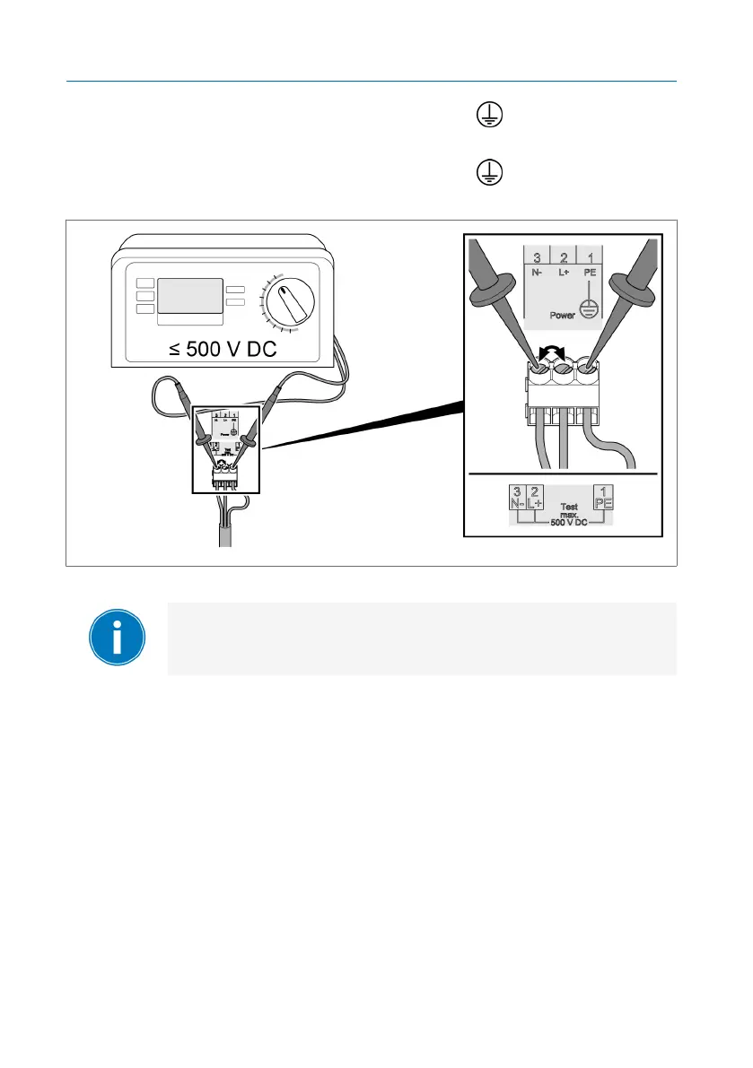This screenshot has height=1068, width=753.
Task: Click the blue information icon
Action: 118,638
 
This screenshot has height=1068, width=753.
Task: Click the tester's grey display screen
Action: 189,296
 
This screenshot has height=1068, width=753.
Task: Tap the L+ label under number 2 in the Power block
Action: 562,273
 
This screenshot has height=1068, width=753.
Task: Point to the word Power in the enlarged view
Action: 562,315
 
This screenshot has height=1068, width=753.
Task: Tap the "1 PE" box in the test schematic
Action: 605,498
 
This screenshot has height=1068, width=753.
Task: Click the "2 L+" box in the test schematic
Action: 534,498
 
